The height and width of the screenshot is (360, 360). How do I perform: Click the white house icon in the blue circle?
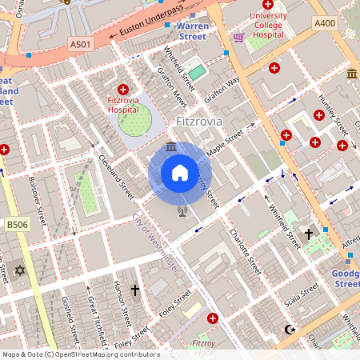point(179,173)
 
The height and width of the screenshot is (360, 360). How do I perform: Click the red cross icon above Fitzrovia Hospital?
point(122,89)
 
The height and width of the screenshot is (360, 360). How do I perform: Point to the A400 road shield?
point(324,23)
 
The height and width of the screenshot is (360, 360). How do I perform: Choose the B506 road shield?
point(16,226)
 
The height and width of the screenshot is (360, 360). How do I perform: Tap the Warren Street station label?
point(192,30)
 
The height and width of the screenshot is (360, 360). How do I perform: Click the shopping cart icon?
point(238,37)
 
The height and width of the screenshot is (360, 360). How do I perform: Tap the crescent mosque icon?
point(290,329)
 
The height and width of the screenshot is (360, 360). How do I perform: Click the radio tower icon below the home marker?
point(182,212)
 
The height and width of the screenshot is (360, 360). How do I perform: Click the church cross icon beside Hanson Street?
point(134,290)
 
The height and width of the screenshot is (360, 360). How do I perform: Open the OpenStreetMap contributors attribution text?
point(80,354)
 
